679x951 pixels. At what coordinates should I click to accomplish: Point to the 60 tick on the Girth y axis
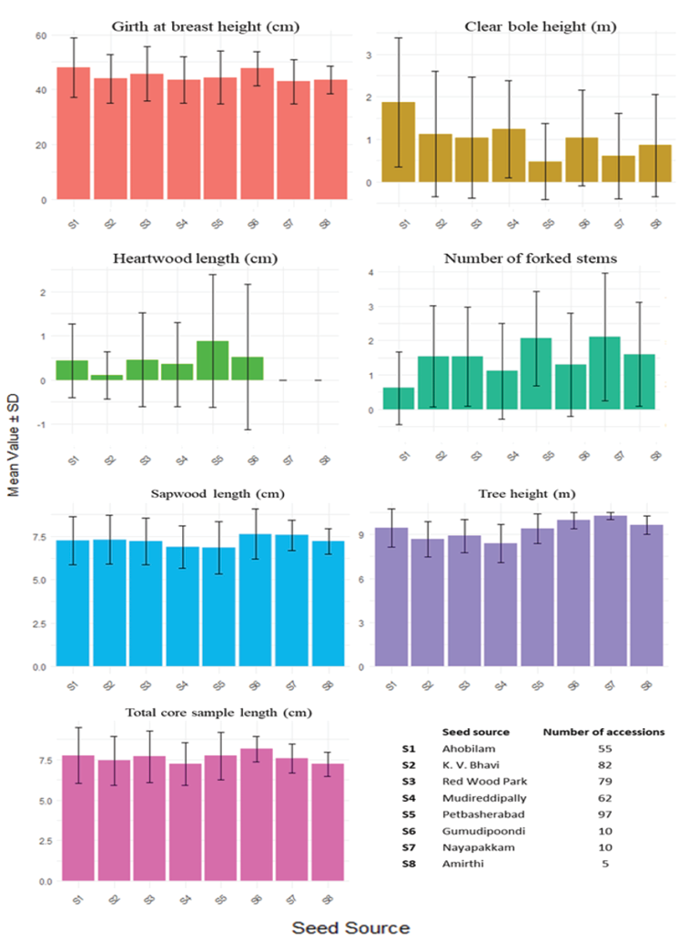click(x=42, y=35)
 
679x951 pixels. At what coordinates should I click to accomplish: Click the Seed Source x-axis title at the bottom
click(x=350, y=928)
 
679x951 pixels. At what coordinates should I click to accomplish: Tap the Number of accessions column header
click(x=604, y=732)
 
